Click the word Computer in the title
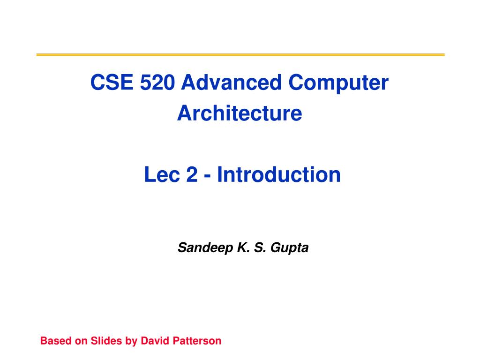point(338,83)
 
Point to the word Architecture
point(240,113)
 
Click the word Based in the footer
point(55,341)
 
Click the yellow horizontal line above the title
point(240,55)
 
